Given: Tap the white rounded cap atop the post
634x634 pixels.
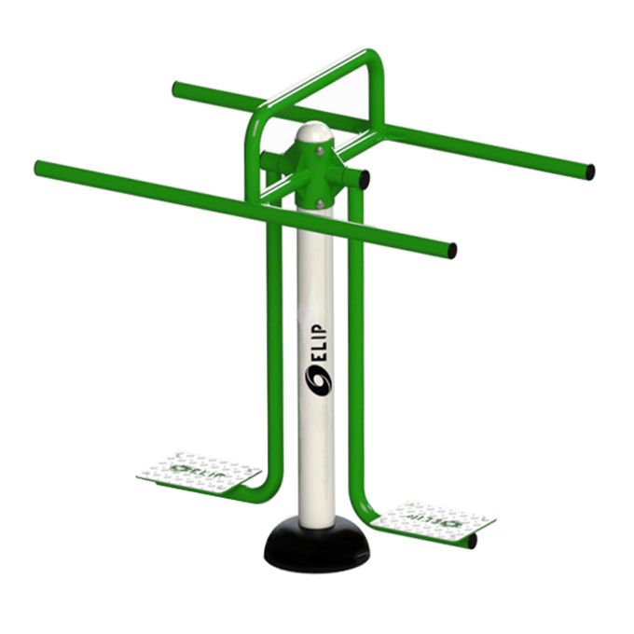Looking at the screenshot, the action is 317,132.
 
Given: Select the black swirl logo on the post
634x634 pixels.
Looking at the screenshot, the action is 317,381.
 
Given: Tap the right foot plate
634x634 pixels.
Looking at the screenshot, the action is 432,521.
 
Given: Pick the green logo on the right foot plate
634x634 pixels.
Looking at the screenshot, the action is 433,519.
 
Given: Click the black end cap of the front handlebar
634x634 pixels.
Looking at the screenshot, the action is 452,250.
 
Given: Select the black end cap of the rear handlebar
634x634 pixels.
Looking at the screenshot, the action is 590,172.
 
